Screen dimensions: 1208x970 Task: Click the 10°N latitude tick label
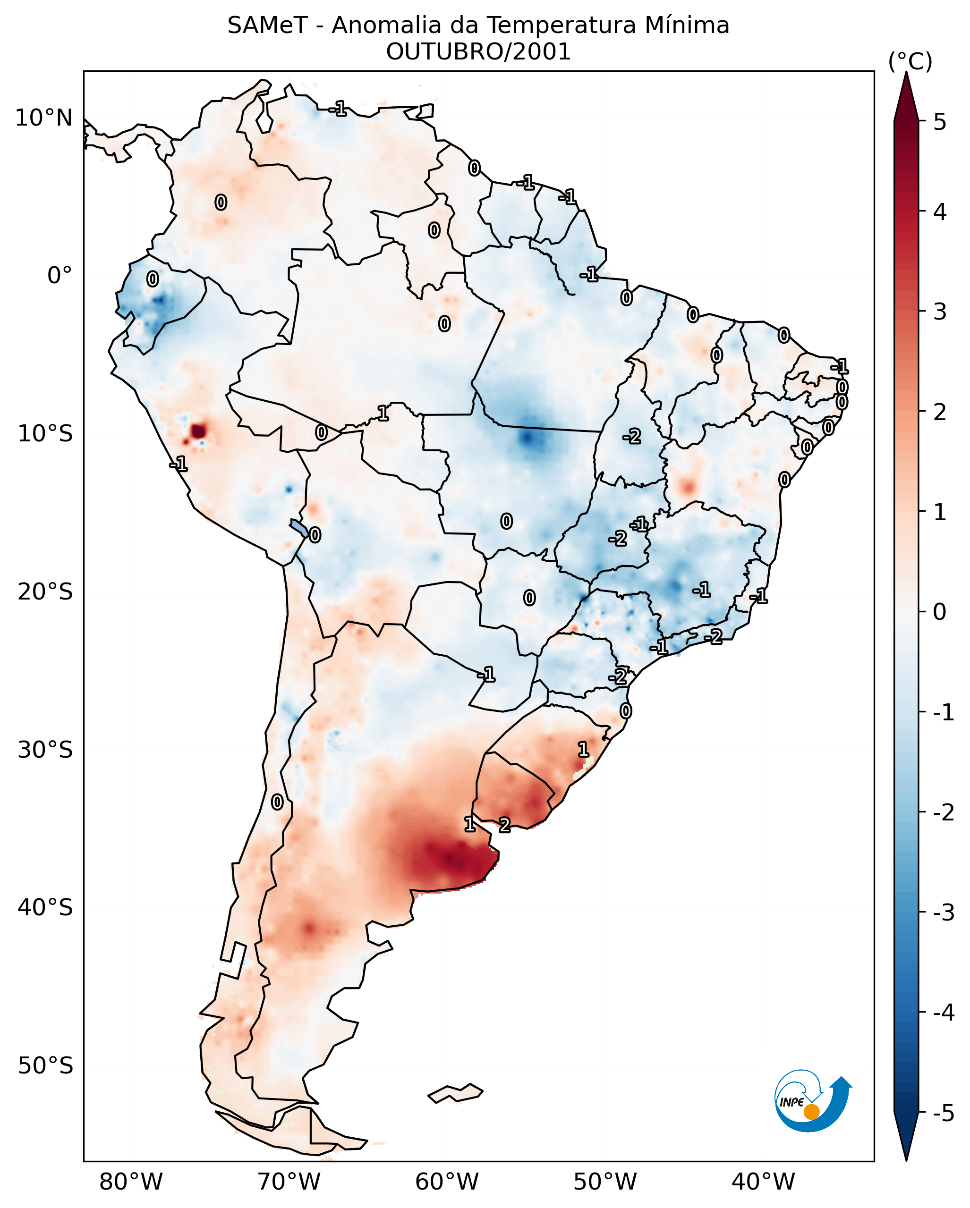44,118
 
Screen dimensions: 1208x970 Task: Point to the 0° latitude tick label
60,276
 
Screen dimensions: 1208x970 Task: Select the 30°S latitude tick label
45,750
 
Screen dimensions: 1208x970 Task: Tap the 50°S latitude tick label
45,1066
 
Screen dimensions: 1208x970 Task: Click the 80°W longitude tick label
130,1182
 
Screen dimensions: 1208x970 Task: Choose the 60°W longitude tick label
447,1182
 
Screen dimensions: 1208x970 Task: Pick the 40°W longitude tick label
763,1182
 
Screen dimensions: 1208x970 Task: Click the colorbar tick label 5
940,122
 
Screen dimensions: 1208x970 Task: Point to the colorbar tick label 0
940,612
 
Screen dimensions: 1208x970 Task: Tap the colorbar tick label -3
943,913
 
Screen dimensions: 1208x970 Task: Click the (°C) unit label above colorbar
910,62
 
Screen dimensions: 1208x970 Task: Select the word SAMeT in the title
267,26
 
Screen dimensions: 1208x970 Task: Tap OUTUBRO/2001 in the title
478,52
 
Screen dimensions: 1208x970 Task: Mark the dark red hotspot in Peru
198,431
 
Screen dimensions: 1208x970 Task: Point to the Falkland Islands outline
455,1093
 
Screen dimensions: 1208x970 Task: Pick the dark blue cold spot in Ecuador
160,301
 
